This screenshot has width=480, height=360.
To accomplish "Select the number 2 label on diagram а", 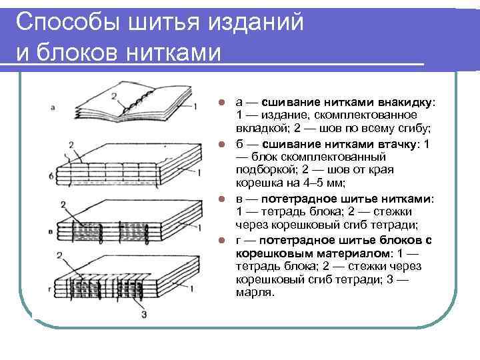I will coord(115,96).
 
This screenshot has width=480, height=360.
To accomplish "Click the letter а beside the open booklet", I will coord(53,106).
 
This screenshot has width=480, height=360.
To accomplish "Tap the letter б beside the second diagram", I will coord(53,175).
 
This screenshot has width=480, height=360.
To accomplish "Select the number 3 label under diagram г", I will coord(144,313).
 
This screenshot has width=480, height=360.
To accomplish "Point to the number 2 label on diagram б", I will coord(71,145).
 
